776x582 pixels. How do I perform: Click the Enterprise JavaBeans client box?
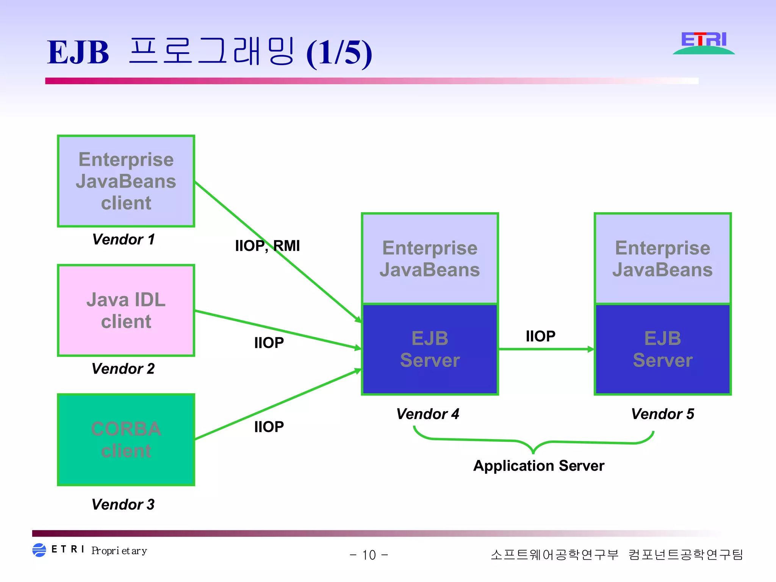(x=126, y=181)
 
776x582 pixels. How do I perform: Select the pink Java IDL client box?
(x=126, y=310)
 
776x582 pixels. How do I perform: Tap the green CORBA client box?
(x=126, y=440)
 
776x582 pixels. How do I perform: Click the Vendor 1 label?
(x=124, y=239)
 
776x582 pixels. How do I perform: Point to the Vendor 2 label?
(x=123, y=369)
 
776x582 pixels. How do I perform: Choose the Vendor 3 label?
(x=123, y=504)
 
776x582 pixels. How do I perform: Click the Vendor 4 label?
(x=428, y=414)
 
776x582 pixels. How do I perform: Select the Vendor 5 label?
(x=662, y=414)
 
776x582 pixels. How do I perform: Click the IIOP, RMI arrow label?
(x=267, y=246)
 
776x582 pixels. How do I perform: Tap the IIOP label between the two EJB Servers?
(x=540, y=336)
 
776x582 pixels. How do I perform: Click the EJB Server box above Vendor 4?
(x=430, y=349)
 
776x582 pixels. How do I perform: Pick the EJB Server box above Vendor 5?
(x=662, y=349)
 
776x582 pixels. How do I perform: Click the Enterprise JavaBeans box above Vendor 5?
(x=662, y=259)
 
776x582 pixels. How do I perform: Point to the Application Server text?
(x=538, y=466)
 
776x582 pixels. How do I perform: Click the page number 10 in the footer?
(x=369, y=555)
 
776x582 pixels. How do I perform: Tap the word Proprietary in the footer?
(x=119, y=551)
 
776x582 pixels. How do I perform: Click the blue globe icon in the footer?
(x=39, y=550)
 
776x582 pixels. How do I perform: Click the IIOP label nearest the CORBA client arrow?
(x=269, y=427)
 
